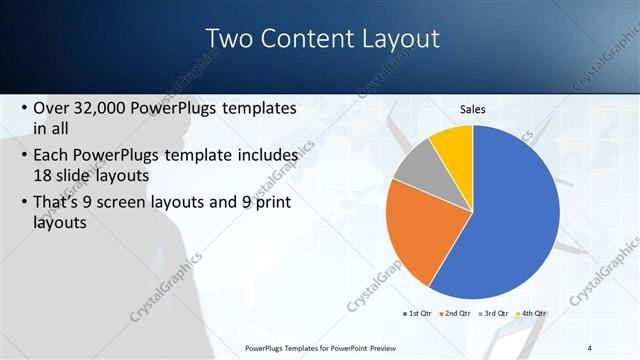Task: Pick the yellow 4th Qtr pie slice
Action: click(x=453, y=143)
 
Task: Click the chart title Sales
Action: click(x=472, y=109)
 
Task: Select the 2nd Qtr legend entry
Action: click(x=456, y=314)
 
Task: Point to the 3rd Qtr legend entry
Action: click(x=494, y=314)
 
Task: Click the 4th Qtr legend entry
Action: click(x=531, y=314)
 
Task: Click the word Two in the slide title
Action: click(x=229, y=38)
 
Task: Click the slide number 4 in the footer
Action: click(x=589, y=347)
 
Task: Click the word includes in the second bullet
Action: click(x=262, y=156)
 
